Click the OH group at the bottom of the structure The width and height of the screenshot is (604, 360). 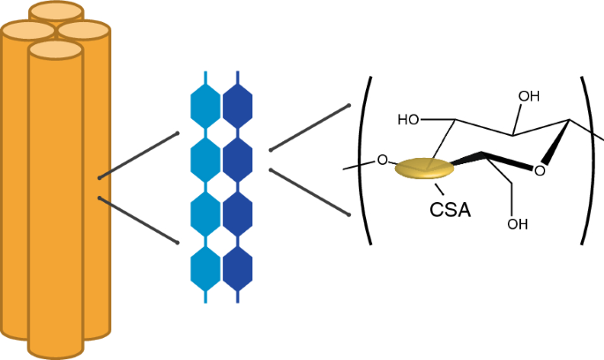tap(518, 223)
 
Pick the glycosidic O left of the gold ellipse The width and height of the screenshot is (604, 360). tap(382, 161)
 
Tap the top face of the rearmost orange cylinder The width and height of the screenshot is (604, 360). tap(56, 11)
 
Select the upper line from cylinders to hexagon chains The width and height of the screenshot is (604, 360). tap(139, 155)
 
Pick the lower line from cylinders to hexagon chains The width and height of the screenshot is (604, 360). tap(139, 219)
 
